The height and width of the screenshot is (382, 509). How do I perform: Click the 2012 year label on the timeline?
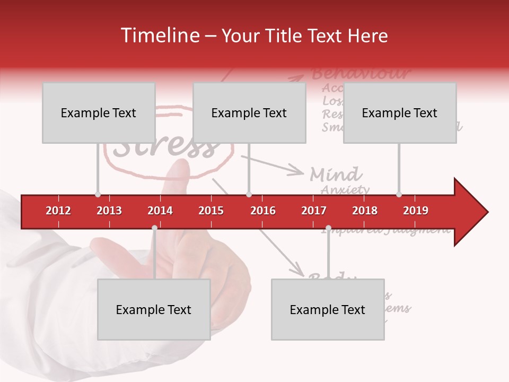tap(58, 211)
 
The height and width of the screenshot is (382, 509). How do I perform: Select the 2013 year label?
tap(109, 211)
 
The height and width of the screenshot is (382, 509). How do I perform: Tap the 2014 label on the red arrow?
tap(160, 211)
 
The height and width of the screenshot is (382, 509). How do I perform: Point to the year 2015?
tap(211, 211)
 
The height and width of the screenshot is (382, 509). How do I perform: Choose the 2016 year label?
tap(263, 211)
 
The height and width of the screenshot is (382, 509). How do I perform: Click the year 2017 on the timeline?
tap(314, 211)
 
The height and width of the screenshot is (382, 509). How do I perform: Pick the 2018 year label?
tap(365, 211)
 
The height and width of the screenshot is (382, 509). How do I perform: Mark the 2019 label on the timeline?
tap(416, 211)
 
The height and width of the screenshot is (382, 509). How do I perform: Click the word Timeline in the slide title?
tap(159, 36)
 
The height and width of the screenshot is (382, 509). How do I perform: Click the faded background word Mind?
tap(336, 174)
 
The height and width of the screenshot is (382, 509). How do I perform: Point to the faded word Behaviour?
tap(361, 73)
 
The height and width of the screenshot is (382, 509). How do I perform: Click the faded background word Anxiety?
tap(345, 189)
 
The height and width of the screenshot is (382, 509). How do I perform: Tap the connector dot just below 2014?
tap(154, 228)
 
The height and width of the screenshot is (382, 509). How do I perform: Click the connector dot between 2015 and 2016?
tap(249, 195)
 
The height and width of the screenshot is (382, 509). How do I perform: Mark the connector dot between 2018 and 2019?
tap(399, 195)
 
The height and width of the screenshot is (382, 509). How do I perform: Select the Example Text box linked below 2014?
tap(154, 309)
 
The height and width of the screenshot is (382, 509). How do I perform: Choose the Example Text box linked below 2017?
tap(328, 309)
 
